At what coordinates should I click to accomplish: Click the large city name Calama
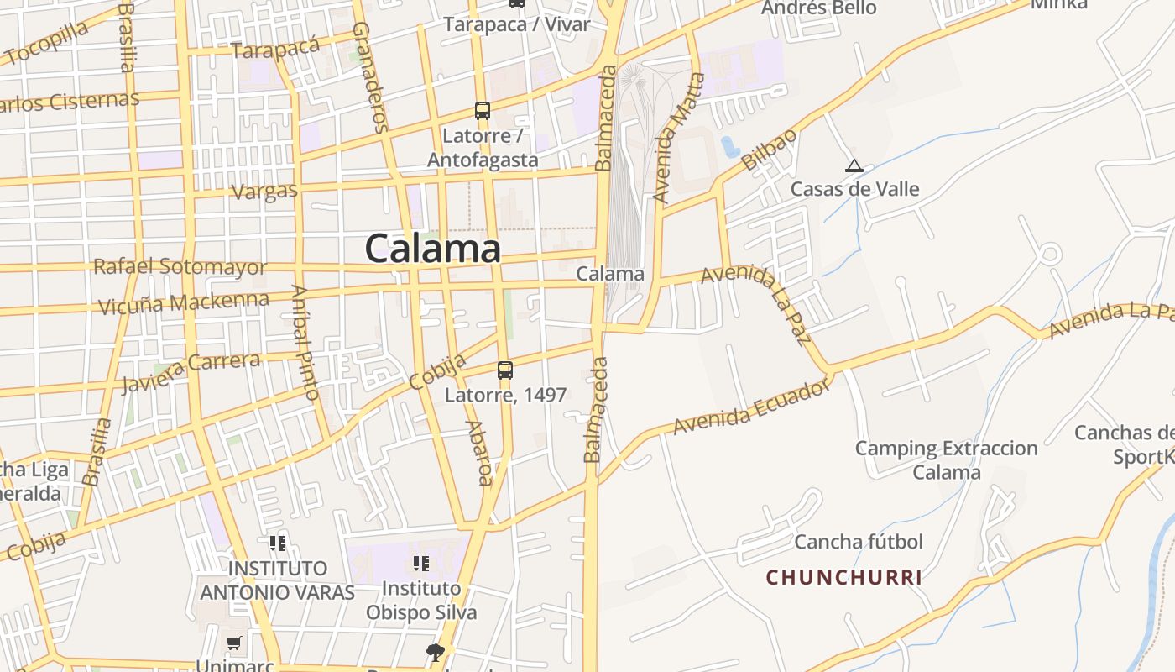[433, 249]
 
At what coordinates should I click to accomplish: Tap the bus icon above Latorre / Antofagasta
[483, 110]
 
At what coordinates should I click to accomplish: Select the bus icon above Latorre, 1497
[505, 370]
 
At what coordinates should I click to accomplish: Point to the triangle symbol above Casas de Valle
[854, 166]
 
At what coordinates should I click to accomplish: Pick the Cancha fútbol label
[859, 542]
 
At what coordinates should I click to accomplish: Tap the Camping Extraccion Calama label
[947, 459]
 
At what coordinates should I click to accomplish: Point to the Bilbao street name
[769, 152]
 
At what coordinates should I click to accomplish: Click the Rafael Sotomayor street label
[180, 267]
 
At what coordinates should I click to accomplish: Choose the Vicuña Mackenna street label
[184, 302]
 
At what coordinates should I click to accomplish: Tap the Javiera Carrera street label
[191, 372]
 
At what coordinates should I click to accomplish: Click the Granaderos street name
[370, 78]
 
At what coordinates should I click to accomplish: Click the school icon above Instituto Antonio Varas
[278, 543]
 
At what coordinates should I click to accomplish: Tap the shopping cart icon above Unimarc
[233, 643]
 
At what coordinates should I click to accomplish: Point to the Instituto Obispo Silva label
[421, 600]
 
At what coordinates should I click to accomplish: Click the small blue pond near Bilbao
[728, 146]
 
